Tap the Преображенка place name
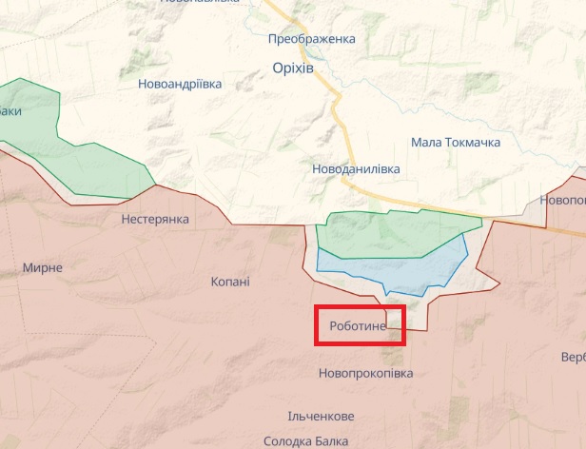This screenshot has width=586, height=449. click(311, 39)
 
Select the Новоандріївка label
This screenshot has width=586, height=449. click(180, 84)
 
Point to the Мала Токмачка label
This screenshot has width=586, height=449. click(456, 142)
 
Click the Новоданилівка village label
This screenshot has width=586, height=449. click(356, 168)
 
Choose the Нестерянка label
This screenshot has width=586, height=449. click(155, 219)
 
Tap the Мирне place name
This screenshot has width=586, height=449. click(43, 267)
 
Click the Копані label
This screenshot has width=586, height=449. click(230, 282)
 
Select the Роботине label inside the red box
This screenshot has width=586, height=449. click(358, 326)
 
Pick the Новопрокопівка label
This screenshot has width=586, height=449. click(366, 373)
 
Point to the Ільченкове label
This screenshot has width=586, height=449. click(321, 417)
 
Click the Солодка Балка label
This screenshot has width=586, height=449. click(306, 440)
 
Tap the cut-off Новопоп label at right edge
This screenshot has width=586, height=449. click(562, 200)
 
